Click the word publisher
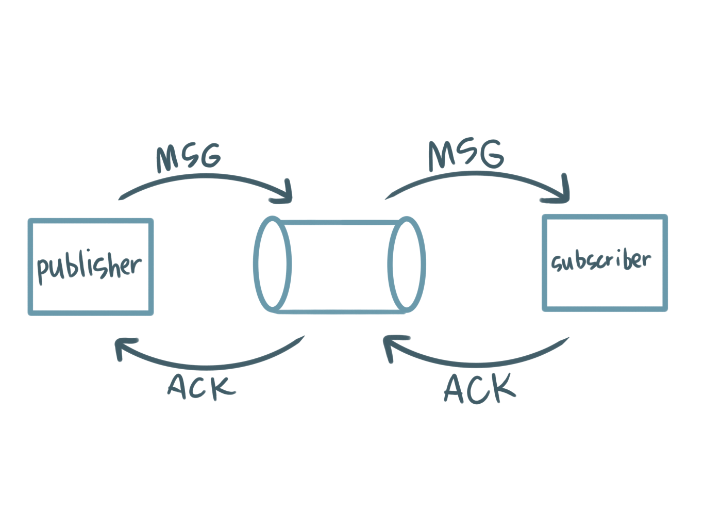tap(89, 267)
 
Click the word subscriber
tap(600, 260)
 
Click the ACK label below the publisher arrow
tap(202, 387)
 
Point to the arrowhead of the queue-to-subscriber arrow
tap(563, 193)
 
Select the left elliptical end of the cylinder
tap(272, 263)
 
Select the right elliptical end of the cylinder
tap(407, 263)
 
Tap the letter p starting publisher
tap(43, 271)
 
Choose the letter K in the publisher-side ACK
tap(225, 387)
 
